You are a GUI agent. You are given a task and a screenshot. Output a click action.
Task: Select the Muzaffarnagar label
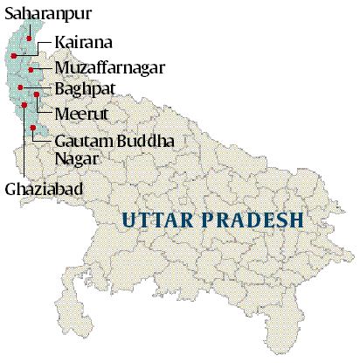point(107,66)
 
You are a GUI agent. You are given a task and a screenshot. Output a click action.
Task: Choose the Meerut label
point(81,113)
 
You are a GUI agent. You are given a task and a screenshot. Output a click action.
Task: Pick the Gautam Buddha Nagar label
point(101,149)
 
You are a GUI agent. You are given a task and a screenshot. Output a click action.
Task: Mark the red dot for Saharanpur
point(29,38)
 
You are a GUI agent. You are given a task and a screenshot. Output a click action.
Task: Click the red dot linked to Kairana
point(13,55)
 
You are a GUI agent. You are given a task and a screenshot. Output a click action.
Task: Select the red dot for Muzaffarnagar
point(31,69)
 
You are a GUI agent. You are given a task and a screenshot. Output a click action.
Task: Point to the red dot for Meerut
point(36,94)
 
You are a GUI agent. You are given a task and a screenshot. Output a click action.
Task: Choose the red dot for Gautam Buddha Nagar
point(32,128)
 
